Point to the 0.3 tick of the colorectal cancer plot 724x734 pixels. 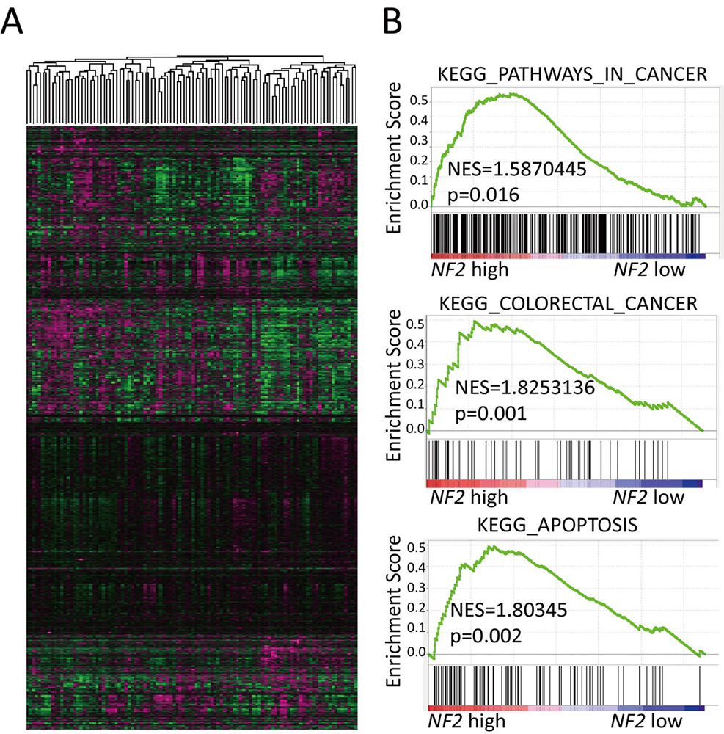click(416, 363)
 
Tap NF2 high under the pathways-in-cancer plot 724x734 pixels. click(469, 270)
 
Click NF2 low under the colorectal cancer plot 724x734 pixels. click(649, 498)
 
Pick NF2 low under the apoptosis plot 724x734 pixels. click(648, 720)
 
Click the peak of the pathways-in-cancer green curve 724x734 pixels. click(508, 94)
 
